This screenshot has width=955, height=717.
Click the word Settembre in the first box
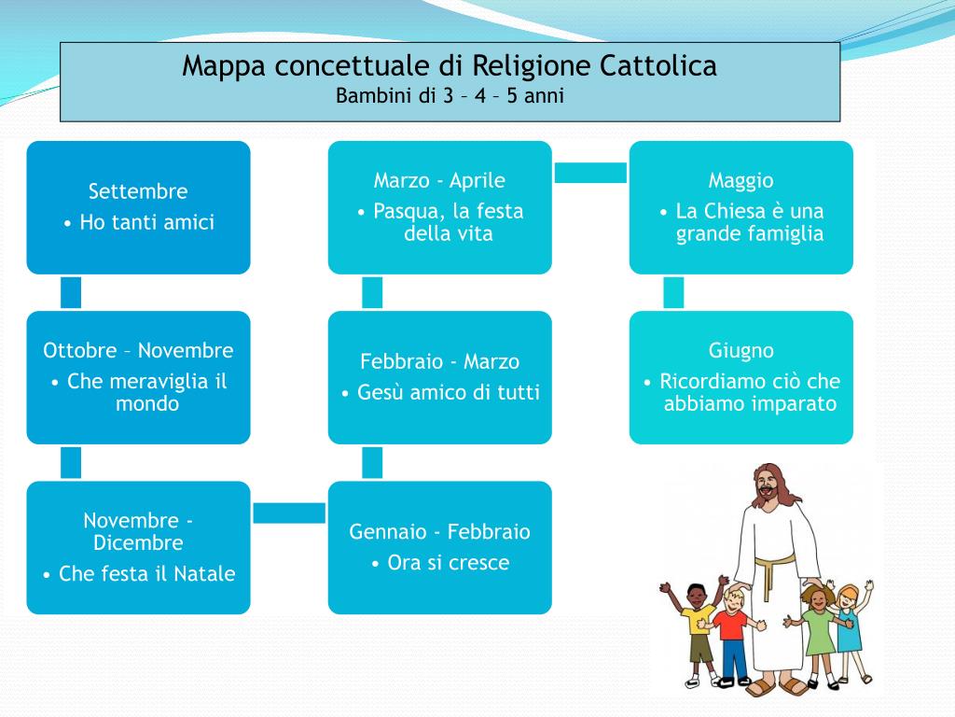pyautogui.click(x=138, y=191)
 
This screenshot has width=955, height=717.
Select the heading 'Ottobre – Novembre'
pyautogui.click(x=138, y=351)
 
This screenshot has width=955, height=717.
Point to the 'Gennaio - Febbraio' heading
pyautogui.click(x=439, y=532)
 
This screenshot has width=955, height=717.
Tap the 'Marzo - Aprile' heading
pyautogui.click(x=439, y=180)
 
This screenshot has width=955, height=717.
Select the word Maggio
pyautogui.click(x=740, y=180)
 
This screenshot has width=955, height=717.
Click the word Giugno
pyautogui.click(x=740, y=351)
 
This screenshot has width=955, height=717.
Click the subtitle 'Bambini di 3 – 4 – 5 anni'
pyautogui.click(x=450, y=96)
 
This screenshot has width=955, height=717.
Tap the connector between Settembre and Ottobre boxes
pyautogui.click(x=71, y=292)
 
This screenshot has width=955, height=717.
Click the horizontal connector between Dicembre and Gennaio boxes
pyautogui.click(x=289, y=513)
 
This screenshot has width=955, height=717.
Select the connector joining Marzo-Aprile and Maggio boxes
pyautogui.click(x=590, y=173)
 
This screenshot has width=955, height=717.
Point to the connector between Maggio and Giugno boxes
pyautogui.click(x=673, y=292)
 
